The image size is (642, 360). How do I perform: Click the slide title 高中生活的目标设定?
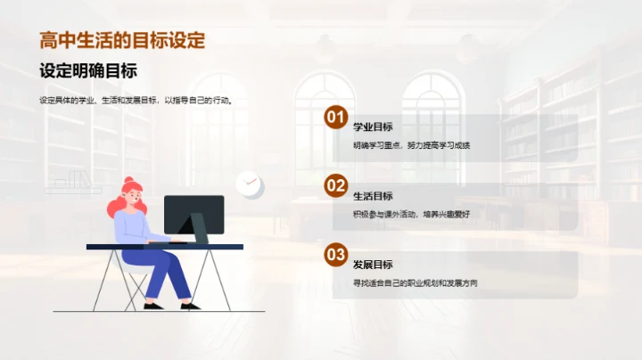122,40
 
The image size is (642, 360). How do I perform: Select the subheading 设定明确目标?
87,71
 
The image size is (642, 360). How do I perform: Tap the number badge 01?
335,118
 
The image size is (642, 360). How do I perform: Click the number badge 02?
335,185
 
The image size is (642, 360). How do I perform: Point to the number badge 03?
335,255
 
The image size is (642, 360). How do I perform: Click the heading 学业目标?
373,127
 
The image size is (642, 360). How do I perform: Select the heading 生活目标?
373,196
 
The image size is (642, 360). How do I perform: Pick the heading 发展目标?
373,265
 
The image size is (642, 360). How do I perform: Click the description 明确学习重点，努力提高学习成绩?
411,145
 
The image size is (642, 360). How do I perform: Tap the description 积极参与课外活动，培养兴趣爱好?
411,214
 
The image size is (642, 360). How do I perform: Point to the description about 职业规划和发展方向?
416,283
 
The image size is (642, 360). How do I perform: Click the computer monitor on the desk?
193,214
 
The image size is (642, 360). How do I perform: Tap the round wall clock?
249,184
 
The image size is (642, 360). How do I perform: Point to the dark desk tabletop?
165,246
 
